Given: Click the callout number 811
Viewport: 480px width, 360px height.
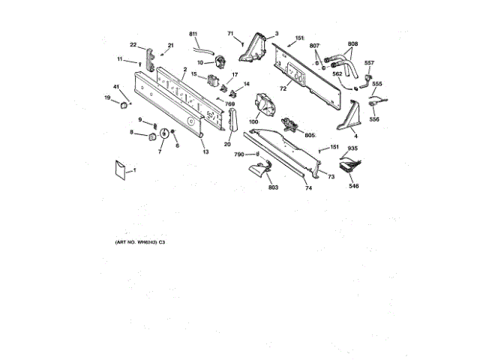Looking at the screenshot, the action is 193,35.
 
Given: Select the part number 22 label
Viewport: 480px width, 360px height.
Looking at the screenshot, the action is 133,45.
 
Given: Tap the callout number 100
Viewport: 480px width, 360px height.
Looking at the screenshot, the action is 253,121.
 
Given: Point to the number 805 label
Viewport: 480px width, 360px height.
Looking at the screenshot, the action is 310,134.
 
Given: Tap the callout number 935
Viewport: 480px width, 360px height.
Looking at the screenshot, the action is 352,148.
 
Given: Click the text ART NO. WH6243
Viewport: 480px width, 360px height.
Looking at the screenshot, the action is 136,243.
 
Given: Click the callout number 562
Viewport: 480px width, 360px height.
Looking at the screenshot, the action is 337,74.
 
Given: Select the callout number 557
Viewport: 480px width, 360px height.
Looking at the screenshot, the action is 369,63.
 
